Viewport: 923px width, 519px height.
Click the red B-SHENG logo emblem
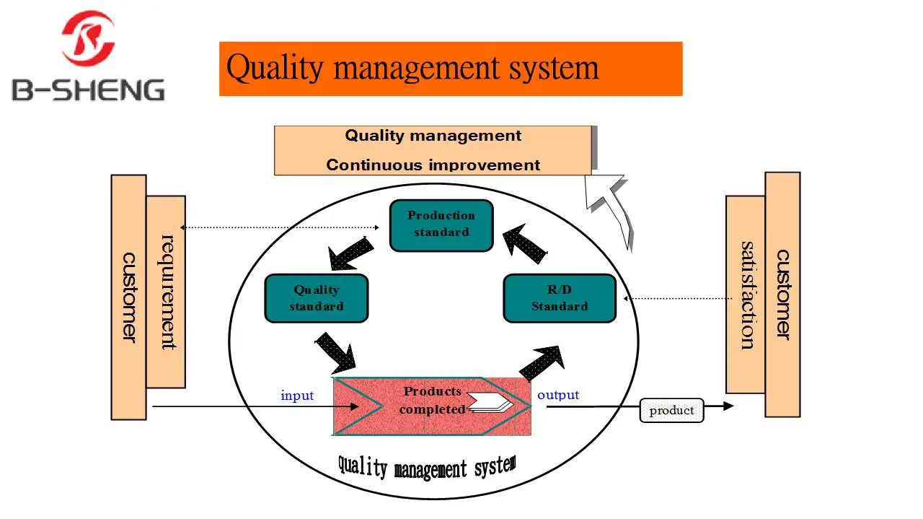point(88,38)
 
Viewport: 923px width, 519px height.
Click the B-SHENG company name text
point(88,90)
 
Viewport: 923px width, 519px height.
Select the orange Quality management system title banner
point(451,69)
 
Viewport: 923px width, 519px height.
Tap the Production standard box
point(441,225)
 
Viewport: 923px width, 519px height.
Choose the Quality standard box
point(317,298)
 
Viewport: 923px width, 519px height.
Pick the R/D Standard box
point(560,298)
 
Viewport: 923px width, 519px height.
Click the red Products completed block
point(432,406)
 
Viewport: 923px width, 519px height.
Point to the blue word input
point(297,396)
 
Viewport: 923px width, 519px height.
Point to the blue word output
point(558,395)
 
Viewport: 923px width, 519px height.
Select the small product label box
point(671,411)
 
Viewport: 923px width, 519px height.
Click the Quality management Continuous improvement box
point(433,150)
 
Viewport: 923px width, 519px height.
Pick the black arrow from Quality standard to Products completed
point(336,352)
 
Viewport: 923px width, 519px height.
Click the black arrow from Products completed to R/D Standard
point(542,363)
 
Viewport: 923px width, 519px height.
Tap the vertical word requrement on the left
point(167,292)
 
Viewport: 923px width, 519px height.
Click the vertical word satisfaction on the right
point(746,295)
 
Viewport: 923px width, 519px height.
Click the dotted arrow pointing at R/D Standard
point(678,298)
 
